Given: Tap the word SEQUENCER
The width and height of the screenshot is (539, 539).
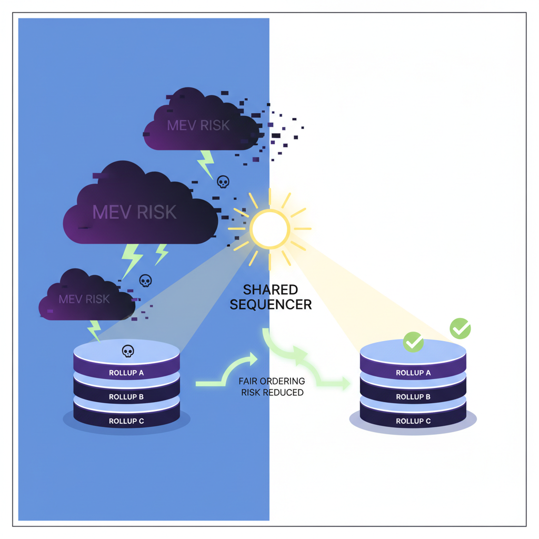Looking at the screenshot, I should [271, 304].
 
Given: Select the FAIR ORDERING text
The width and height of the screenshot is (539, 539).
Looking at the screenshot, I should [272, 381].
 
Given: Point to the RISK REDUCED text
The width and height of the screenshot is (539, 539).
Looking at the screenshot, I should [272, 392].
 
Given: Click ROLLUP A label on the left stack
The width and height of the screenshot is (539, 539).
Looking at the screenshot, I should [126, 373].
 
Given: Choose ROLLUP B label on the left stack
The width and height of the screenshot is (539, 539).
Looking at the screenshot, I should [126, 397].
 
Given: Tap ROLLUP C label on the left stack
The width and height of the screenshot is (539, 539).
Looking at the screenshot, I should [126, 421].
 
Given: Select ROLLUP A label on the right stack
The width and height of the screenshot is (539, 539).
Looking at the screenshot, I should [413, 373].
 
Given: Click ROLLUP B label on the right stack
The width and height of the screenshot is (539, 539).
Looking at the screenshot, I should [413, 397].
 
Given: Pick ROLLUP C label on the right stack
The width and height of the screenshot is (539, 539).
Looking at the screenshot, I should [413, 421].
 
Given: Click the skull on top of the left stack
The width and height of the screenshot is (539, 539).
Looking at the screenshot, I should [128, 351].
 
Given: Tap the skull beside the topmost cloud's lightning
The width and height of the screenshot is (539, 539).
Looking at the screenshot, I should [223, 182].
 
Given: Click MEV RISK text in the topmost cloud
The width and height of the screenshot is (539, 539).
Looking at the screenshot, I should [198, 125].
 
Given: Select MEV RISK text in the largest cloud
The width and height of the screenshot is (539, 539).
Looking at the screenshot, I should [134, 212].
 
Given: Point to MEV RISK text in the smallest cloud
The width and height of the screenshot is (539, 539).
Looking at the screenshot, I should [84, 299].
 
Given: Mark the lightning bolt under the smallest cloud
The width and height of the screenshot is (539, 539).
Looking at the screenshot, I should [94, 330].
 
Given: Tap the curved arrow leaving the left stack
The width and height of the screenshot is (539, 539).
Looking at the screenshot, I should [226, 371].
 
